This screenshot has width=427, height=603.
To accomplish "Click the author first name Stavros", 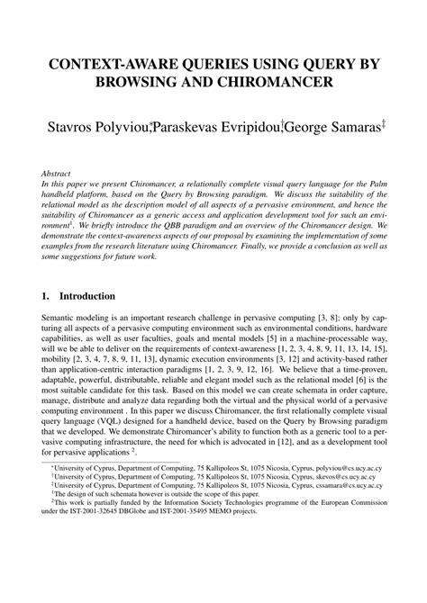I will pyautogui.click(x=64, y=126).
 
